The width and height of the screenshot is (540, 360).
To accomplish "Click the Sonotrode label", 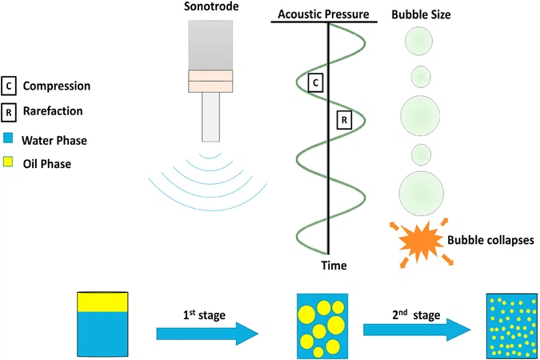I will click(210, 8).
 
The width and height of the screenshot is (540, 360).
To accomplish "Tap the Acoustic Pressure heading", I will click(325, 14).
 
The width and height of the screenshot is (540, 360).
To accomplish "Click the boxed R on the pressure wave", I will click(343, 121).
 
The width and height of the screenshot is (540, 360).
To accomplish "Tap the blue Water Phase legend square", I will click(9, 140).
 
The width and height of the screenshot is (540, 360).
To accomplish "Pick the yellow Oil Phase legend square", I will click(9, 165).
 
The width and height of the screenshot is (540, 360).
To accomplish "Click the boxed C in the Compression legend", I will click(9, 86).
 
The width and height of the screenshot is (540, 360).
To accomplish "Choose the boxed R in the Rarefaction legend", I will click(9, 111).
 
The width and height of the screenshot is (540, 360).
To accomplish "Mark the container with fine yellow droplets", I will click(508, 325).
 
